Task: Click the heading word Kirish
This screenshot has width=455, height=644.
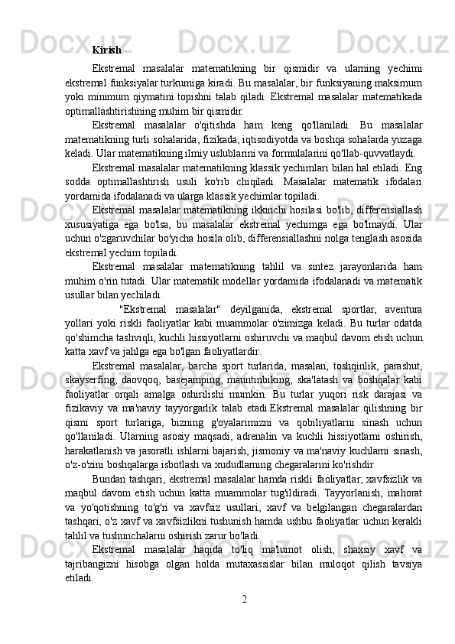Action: [106, 50]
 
